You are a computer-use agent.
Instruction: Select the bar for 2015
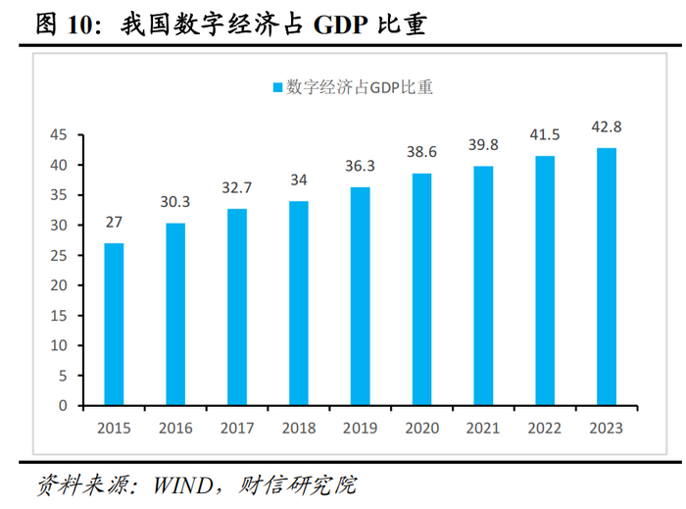tap(114, 324)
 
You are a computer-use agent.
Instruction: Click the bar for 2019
tap(361, 296)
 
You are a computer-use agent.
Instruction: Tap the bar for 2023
tap(608, 277)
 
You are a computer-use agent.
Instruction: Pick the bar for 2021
tap(484, 285)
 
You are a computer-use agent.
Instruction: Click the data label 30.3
tap(175, 202)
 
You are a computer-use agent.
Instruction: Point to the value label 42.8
tap(608, 127)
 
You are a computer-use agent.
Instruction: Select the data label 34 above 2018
tap(299, 179)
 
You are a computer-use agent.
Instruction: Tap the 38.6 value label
tap(422, 152)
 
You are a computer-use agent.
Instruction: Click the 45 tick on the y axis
tap(59, 135)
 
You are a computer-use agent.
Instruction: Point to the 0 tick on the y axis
tap(63, 405)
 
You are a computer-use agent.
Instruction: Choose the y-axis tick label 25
tap(59, 255)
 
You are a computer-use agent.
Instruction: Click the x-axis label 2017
tap(237, 428)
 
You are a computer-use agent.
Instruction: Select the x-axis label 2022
tap(546, 428)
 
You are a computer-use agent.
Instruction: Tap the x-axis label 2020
tap(422, 428)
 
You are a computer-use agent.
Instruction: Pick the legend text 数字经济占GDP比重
tap(360, 88)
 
